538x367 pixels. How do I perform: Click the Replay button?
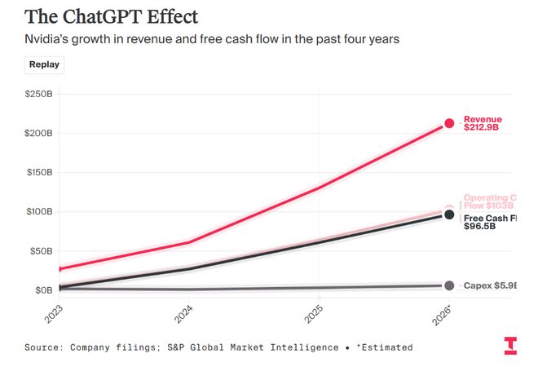(43, 64)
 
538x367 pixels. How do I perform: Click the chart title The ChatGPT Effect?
(111, 16)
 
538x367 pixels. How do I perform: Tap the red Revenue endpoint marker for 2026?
(449, 123)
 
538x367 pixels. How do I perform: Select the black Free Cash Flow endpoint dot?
(449, 214)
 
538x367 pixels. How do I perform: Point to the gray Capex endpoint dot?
(449, 285)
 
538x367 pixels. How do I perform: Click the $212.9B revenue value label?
(481, 128)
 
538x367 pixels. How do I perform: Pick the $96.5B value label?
(479, 226)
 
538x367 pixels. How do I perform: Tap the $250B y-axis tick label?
(38, 94)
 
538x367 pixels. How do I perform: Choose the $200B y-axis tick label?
(38, 133)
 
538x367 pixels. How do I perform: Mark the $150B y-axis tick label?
(38, 172)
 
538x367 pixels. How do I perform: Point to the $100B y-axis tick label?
(38, 211)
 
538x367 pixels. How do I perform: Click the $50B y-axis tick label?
(41, 250)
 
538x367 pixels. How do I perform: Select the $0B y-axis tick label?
(43, 290)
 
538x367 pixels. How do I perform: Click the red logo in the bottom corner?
(509, 346)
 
